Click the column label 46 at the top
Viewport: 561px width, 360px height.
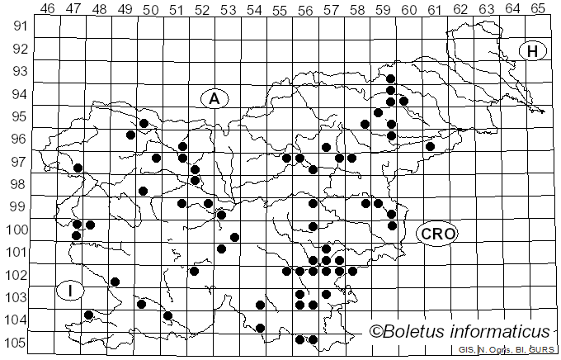click(47, 9)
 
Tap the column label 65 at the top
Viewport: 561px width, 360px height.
click(537, 9)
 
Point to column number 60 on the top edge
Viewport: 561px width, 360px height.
click(408, 9)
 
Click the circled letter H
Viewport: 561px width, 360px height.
click(533, 51)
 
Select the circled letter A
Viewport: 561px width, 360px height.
click(214, 98)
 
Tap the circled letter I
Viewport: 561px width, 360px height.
click(71, 291)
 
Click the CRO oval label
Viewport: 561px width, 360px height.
click(436, 234)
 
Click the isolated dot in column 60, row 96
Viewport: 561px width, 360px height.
click(430, 146)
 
